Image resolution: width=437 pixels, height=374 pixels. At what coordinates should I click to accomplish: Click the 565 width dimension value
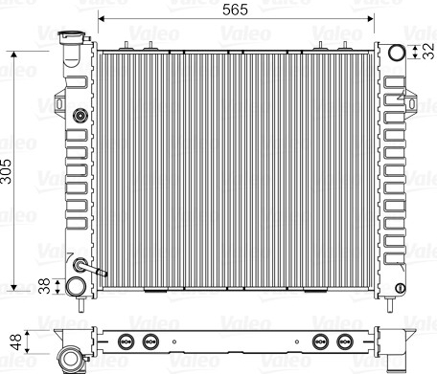(235, 10)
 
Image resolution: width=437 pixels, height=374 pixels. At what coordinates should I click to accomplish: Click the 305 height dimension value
(6, 171)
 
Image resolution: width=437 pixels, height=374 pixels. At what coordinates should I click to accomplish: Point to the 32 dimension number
(428, 52)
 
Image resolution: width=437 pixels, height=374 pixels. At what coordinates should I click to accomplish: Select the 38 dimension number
(44, 286)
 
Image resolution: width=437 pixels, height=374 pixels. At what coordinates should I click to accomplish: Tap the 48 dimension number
(16, 341)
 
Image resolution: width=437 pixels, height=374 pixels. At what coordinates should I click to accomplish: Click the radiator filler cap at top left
(72, 37)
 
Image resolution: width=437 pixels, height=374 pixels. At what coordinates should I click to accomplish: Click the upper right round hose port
(397, 53)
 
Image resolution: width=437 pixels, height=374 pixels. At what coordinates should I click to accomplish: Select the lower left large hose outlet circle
(76, 286)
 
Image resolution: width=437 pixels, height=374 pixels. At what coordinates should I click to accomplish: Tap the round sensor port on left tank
(80, 115)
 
